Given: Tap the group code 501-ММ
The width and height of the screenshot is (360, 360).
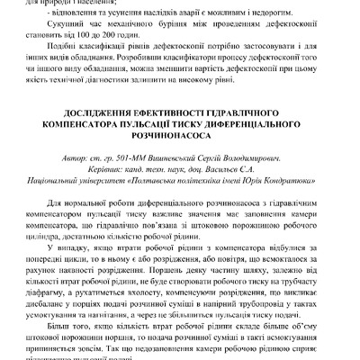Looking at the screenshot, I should tap(158, 157).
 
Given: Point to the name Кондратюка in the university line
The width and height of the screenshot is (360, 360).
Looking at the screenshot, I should tap(304, 179).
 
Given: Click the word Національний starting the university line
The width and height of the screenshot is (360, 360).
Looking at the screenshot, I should tap(58, 179).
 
